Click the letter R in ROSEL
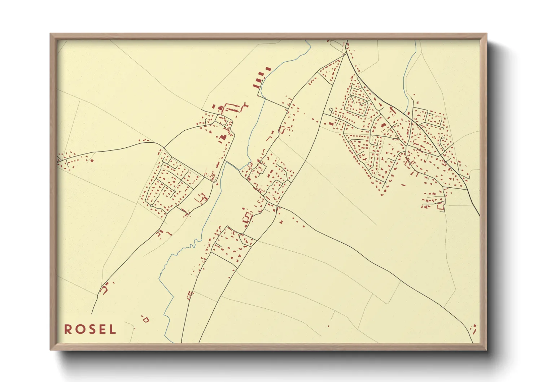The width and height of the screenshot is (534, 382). pyautogui.click(x=67, y=329)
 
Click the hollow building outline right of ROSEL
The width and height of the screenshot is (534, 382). pyautogui.click(x=145, y=319)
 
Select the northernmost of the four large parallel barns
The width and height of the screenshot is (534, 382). pyautogui.click(x=268, y=69)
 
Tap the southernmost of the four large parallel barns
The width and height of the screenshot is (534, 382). pyautogui.click(x=256, y=86)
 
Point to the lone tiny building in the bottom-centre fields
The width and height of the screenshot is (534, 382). pyautogui.click(x=329, y=326)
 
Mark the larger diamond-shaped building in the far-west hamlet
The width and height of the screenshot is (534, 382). pyautogui.click(x=92, y=160)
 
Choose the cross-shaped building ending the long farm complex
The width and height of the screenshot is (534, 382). pyautogui.click(x=246, y=106)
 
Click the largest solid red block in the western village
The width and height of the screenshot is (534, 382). pyautogui.click(x=223, y=137)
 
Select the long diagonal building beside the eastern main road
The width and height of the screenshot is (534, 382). pyautogui.click(x=392, y=109)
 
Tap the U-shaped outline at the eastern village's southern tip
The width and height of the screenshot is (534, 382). pyautogui.click(x=441, y=207)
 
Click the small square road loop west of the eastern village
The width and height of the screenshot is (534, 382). pyautogui.click(x=330, y=109)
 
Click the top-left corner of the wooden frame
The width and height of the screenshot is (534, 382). pyautogui.click(x=51, y=34)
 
